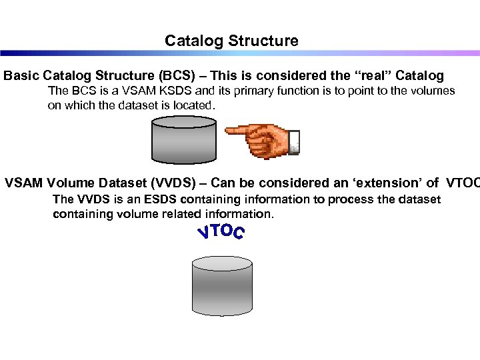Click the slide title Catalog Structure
click(231, 41)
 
